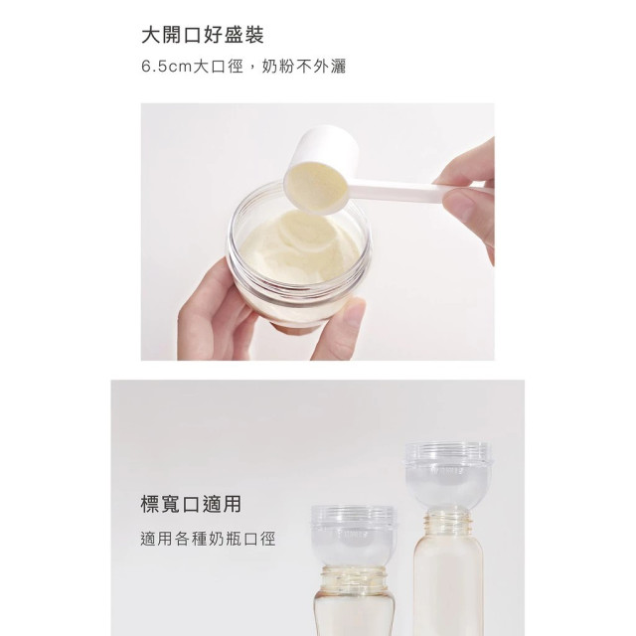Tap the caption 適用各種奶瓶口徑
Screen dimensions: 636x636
[x=207, y=540]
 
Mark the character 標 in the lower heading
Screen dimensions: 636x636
[x=151, y=504]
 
